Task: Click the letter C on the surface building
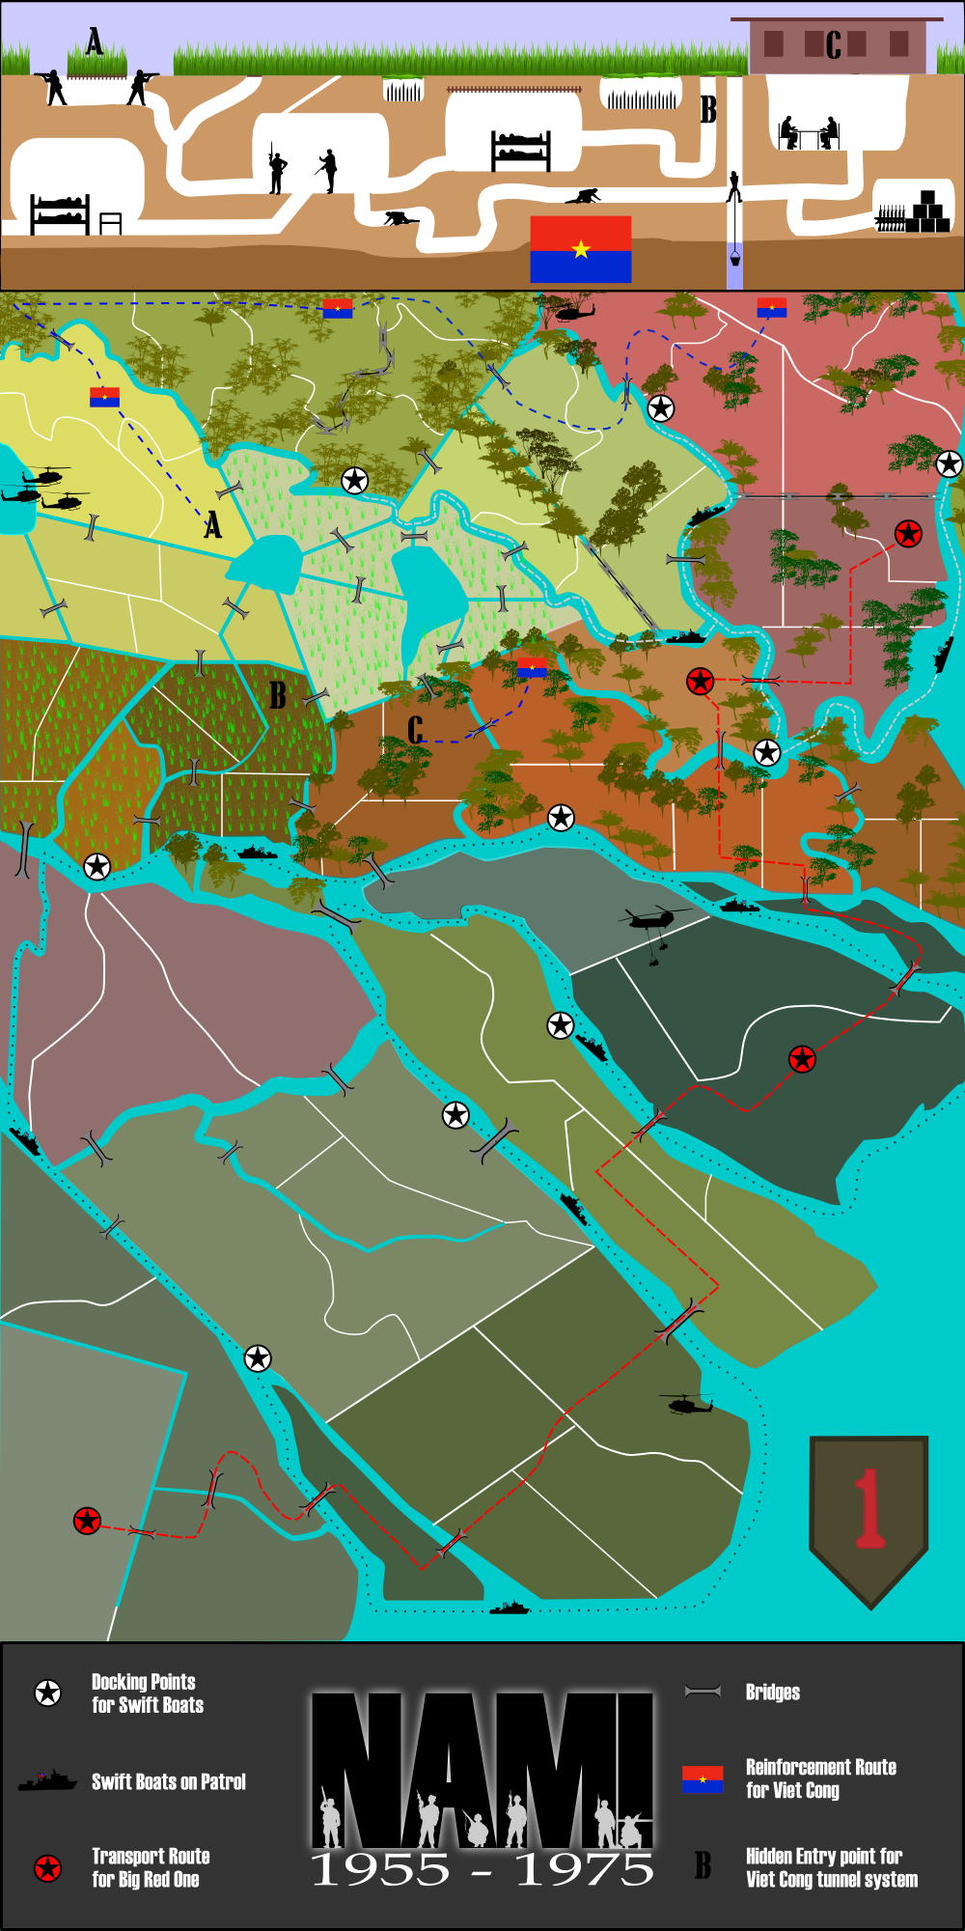click(x=833, y=44)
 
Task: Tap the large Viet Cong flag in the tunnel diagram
click(x=581, y=249)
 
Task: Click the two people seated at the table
click(x=809, y=133)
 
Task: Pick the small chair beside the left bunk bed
click(x=111, y=224)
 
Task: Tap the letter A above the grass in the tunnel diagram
click(x=95, y=42)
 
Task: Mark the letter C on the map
click(x=416, y=730)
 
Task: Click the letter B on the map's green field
click(x=278, y=695)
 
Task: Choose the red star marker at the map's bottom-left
click(x=88, y=1521)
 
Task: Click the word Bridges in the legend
click(x=772, y=1692)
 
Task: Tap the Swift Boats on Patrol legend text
click(x=169, y=1781)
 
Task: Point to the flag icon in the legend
click(x=703, y=1779)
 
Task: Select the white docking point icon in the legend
click(x=47, y=1693)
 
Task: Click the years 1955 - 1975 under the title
click(x=482, y=1870)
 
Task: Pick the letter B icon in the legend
click(x=703, y=1865)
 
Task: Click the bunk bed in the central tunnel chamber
click(x=521, y=151)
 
